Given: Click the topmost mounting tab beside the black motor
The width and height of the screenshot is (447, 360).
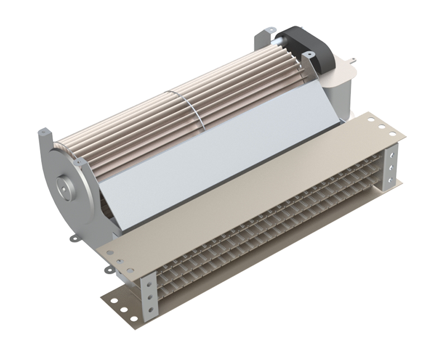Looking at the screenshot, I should pyautogui.click(x=270, y=29).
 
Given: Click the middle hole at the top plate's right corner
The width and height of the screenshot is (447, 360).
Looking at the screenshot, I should pyautogui.click(x=382, y=127).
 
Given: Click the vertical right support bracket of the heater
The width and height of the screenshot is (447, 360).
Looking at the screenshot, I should pyautogui.click(x=393, y=165).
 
